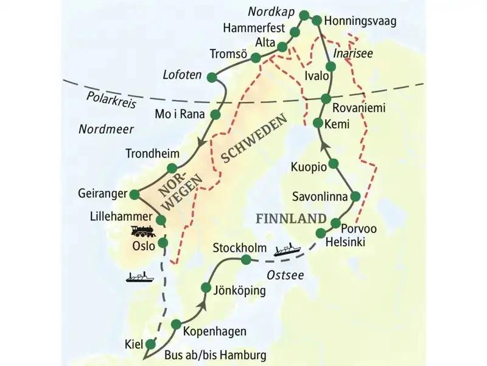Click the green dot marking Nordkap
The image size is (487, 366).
(x=306, y=14)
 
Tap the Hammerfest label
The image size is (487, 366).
(x=255, y=29)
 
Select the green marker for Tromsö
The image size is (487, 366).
(x=256, y=58)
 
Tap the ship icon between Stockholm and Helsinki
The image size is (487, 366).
(x=287, y=249)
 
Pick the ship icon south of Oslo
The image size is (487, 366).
(x=139, y=277)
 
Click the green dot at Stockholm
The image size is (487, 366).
(x=246, y=260)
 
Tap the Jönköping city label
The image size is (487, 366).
(x=240, y=290)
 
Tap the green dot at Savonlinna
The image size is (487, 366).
(x=356, y=196)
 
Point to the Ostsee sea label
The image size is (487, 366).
(x=287, y=276)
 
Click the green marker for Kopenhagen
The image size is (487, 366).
(x=177, y=324)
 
